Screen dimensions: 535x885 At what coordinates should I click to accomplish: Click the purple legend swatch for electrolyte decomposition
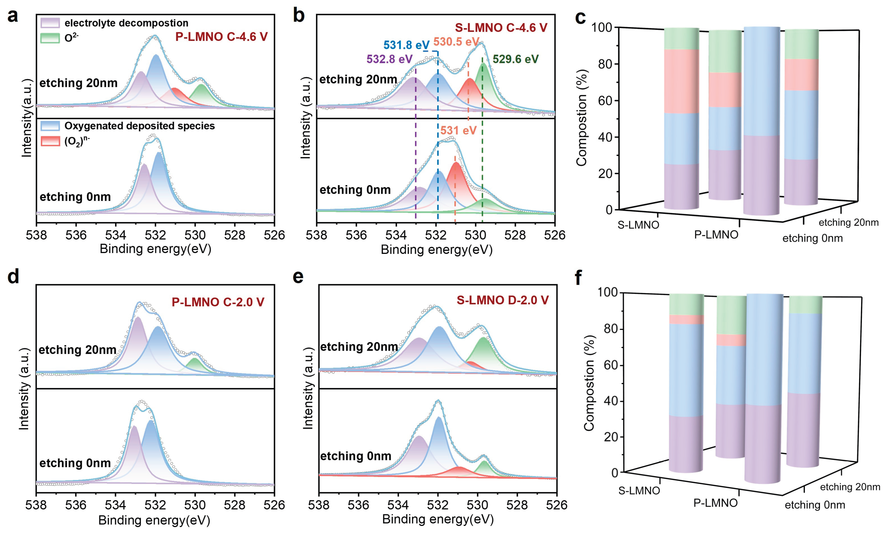point(50,23)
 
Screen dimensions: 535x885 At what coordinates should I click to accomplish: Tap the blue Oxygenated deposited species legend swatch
point(50,126)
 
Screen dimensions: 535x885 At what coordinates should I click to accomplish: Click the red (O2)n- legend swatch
point(50,141)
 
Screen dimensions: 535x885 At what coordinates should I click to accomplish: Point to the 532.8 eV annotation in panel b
point(389,59)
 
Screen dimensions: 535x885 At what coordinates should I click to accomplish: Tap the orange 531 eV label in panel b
point(458,131)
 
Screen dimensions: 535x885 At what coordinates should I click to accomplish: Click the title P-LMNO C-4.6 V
point(221,37)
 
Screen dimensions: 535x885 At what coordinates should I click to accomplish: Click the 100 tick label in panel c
point(602,27)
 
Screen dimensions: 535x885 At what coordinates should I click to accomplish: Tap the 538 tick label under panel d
point(36,505)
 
